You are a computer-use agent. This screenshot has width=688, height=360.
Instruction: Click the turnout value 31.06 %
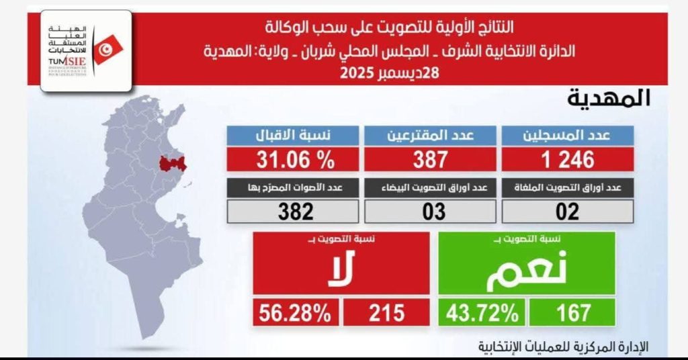point(294,159)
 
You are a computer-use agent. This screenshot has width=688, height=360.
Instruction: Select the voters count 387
point(431,159)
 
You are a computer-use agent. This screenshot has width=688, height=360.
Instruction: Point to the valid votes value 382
point(294,212)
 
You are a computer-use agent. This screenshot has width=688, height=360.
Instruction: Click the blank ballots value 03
point(431,212)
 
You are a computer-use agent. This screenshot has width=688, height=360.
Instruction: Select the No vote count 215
point(386,313)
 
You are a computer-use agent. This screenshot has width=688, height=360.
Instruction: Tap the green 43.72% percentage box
point(481,313)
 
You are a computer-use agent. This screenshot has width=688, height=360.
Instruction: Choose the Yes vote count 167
point(572,313)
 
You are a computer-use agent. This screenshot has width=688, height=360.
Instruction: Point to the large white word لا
point(341,271)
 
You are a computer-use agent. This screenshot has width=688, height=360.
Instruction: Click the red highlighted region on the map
point(173,163)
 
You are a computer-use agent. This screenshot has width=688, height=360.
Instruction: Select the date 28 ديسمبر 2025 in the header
point(389,73)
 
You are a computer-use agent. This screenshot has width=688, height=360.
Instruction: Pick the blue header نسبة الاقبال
point(294,136)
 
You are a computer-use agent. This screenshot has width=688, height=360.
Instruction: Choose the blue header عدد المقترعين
point(431,136)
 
